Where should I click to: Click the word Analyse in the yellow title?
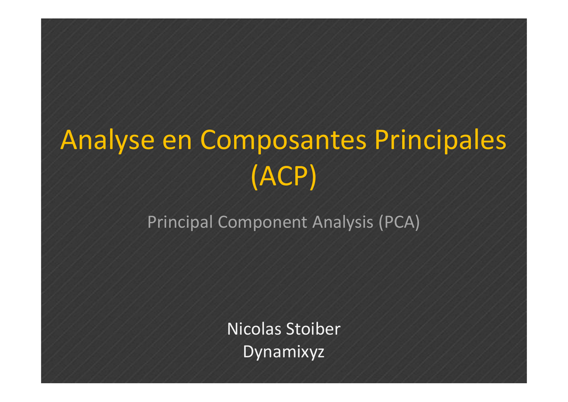108,141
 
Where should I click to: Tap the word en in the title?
177,142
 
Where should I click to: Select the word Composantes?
283,140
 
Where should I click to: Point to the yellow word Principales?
440,140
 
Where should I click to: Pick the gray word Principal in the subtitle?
180,222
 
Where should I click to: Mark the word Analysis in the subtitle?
343,222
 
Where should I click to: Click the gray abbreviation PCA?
399,222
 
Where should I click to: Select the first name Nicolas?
254,329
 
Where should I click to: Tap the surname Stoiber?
313,329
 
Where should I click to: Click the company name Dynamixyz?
283,352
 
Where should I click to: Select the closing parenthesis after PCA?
417,222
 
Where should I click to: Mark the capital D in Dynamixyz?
249,352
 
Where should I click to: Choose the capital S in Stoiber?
290,329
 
